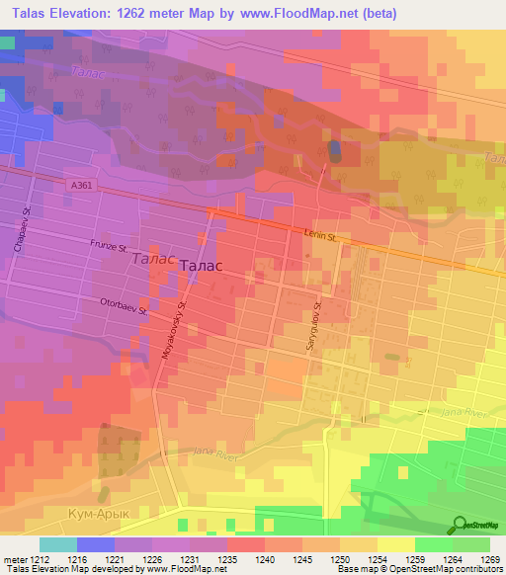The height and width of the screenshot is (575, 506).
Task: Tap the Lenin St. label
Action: [319, 237]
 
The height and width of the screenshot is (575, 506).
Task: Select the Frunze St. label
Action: [111, 244]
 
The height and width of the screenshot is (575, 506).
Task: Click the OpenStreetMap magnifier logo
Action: [461, 524]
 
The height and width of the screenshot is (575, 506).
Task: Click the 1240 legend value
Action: [265, 558]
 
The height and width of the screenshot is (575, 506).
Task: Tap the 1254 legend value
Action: [378, 558]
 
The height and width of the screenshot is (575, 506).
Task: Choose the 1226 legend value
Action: [152, 558]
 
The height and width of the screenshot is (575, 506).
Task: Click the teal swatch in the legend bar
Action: [58, 544]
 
